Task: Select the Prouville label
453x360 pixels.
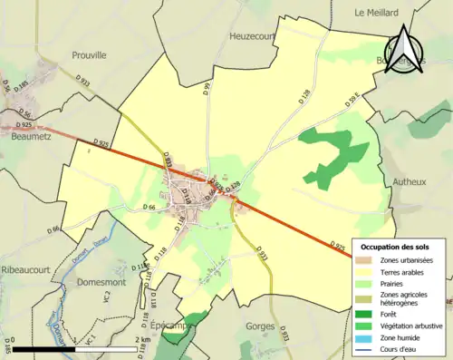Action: (x=90, y=54)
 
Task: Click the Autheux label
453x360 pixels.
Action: (x=409, y=181)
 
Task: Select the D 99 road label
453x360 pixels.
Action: (x=207, y=92)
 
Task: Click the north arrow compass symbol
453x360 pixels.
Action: (x=405, y=50)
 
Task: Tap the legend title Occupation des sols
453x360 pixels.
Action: (x=397, y=247)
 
